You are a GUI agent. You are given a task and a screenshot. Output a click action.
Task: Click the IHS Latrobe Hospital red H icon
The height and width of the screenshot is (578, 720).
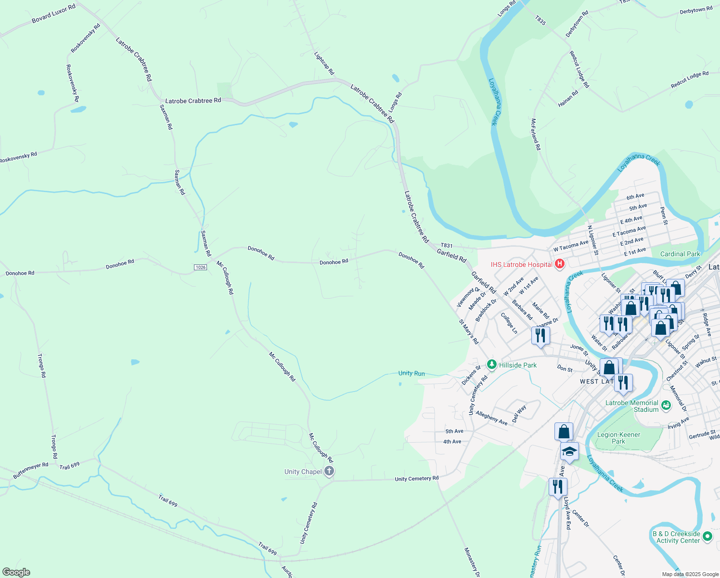[559, 264]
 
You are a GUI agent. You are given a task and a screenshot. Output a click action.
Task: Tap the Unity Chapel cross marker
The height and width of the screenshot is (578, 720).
[329, 471]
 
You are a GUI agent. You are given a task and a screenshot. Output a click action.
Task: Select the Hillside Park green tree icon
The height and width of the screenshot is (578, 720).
[491, 365]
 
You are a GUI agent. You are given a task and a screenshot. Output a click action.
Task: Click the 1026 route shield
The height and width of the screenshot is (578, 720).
[201, 267]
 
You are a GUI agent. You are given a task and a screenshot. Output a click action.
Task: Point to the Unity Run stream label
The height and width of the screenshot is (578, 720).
[411, 373]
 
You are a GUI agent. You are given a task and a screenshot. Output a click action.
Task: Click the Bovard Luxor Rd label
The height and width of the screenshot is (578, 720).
[53, 14]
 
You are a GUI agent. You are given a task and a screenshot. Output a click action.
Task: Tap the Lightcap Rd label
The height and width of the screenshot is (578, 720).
[324, 63]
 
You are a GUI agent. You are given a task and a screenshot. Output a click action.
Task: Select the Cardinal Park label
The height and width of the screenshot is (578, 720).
[680, 254]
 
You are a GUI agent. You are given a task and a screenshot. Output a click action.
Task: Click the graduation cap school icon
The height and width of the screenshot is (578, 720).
[569, 451]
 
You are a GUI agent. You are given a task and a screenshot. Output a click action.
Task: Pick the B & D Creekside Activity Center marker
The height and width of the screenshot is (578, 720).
[707, 536]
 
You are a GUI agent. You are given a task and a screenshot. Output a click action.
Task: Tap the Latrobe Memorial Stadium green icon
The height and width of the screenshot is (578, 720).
[666, 406]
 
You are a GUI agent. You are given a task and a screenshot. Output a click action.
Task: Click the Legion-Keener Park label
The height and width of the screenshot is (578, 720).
[618, 438]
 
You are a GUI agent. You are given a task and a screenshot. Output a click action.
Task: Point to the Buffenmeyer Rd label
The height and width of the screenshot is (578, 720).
[31, 470]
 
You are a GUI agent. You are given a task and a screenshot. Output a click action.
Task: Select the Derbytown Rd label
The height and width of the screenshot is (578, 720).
[696, 10]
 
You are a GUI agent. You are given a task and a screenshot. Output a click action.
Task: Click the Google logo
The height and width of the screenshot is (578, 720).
[16, 572]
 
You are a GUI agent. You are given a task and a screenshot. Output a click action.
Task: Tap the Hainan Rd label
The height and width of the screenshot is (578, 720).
[568, 99]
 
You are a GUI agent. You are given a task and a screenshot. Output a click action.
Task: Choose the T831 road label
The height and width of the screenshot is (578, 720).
[447, 246]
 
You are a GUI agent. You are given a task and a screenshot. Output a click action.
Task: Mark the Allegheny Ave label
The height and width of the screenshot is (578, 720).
[491, 418]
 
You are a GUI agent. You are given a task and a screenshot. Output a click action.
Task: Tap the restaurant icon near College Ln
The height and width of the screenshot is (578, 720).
[540, 335]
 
